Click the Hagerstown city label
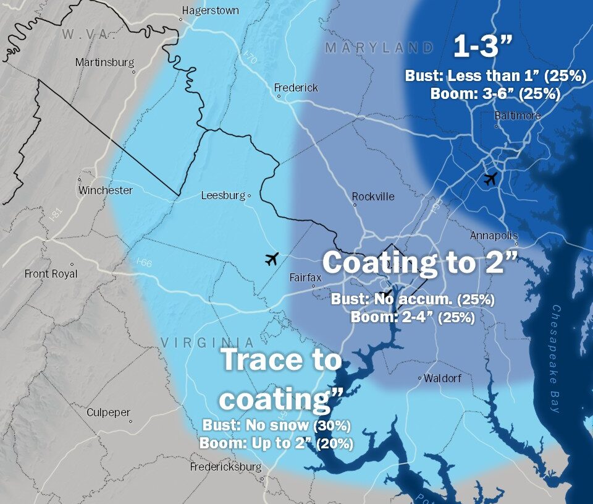click(210, 11)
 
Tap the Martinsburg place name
click(104, 62)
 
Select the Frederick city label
click(296, 88)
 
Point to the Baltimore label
click(518, 116)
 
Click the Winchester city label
click(105, 190)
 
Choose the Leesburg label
click(223, 195)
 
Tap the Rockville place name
click(373, 197)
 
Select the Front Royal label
click(51, 273)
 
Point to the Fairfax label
click(306, 278)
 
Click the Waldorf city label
click(442, 378)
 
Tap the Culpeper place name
click(108, 412)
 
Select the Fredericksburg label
click(225, 467)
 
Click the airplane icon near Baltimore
click(490, 179)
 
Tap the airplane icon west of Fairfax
click(271, 258)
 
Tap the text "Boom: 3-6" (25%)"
click(495, 94)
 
